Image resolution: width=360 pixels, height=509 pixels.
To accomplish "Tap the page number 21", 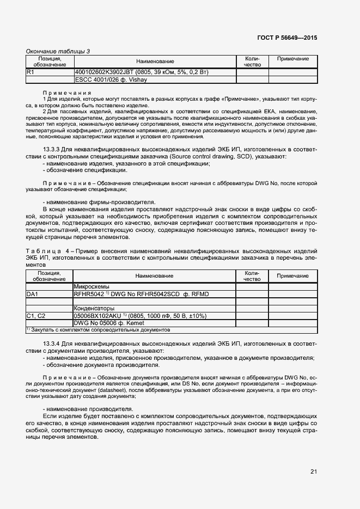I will click(314, 471).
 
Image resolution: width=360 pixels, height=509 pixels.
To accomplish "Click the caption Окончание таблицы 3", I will click(58, 52).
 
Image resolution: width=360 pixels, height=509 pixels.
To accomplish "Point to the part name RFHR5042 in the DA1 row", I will click(87, 294).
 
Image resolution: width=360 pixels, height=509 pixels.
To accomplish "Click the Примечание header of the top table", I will click(293, 59).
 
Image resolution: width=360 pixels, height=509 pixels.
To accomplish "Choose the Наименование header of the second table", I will click(155, 276).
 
